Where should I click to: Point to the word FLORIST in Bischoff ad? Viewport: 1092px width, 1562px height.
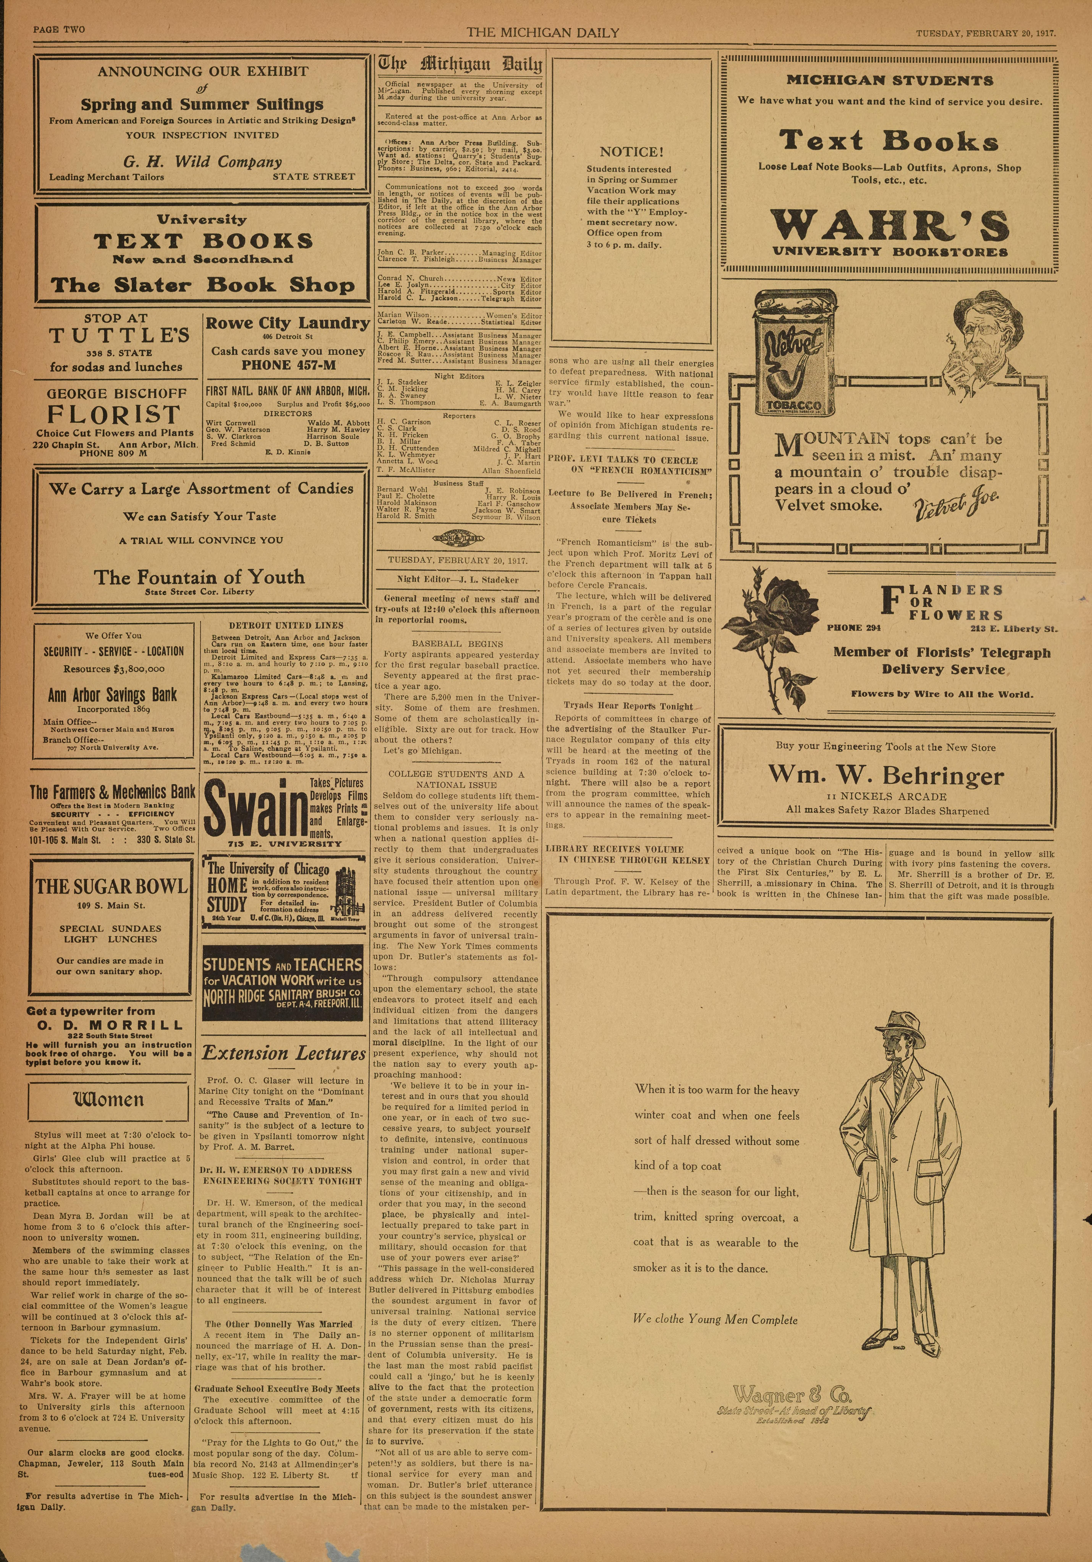click(x=114, y=414)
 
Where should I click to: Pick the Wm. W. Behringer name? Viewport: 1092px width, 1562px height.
click(x=886, y=776)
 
